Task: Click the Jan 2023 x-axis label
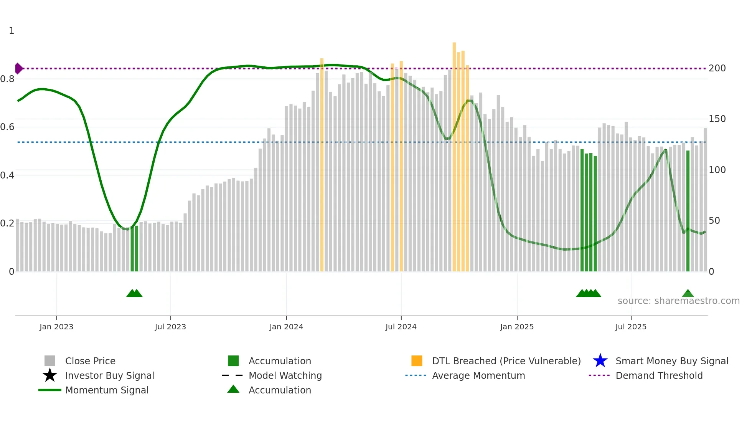56,327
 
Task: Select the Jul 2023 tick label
170,327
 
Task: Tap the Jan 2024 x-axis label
286,327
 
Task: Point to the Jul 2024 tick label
401,327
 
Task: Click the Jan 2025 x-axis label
517,327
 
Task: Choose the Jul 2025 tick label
631,327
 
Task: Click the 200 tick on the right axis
717,68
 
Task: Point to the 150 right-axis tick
717,119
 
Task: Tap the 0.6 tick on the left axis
7,127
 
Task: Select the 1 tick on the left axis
12,31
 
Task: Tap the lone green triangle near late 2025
688,294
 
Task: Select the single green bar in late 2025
688,211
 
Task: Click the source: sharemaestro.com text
678,301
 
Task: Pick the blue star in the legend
600,361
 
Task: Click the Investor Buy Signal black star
50,375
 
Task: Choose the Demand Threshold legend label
659,375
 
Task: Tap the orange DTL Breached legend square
417,361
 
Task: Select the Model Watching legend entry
285,375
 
